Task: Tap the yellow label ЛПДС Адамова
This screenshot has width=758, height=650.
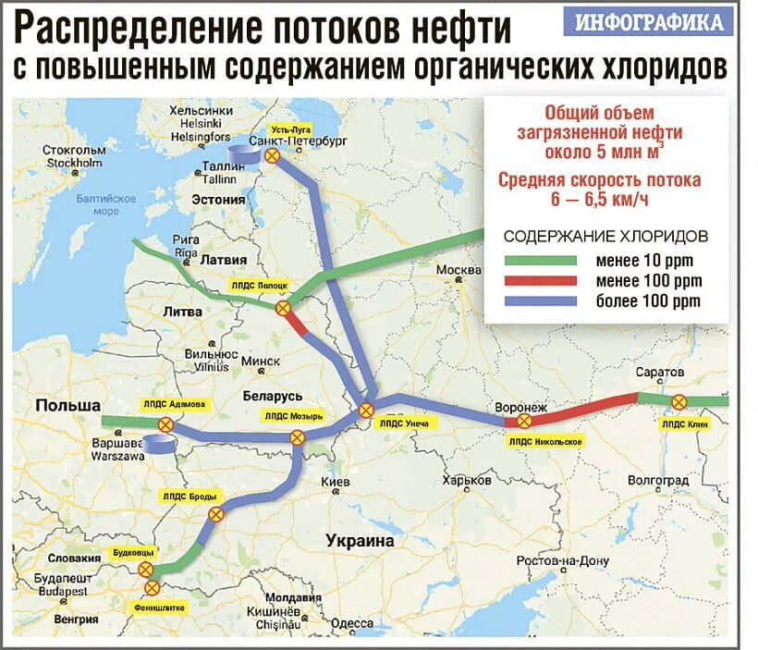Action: (x=174, y=404)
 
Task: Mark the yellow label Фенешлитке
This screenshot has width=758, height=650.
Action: (x=158, y=607)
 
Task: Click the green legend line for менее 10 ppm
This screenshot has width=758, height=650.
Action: (x=540, y=261)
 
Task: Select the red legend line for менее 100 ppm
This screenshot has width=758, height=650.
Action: (x=540, y=281)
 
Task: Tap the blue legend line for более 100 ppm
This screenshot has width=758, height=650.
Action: (x=540, y=301)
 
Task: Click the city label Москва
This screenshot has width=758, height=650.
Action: (x=458, y=270)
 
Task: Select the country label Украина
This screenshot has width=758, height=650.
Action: (x=359, y=541)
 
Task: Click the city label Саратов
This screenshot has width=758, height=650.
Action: (x=660, y=372)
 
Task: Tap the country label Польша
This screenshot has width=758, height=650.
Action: (x=67, y=406)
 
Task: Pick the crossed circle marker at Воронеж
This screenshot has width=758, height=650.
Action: (x=523, y=421)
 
